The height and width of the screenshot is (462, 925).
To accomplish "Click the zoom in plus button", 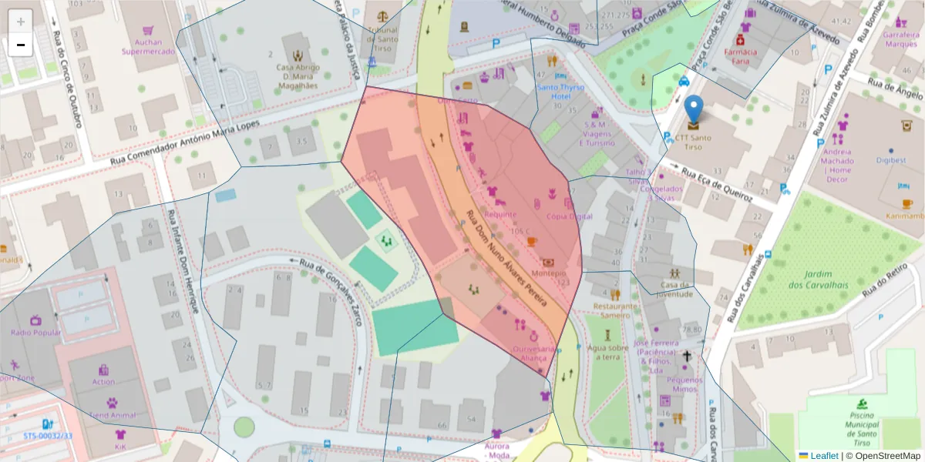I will [x=21, y=22].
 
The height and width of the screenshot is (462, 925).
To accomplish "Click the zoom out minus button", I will [x=21, y=45].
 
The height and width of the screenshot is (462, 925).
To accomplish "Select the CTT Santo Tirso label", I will [x=694, y=142].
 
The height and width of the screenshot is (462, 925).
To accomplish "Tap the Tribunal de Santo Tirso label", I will [x=382, y=34].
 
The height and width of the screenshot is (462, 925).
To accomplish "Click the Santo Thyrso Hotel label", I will [x=559, y=92].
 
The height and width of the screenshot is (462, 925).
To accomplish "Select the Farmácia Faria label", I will [x=740, y=56].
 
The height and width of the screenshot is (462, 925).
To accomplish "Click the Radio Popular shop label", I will [x=35, y=332].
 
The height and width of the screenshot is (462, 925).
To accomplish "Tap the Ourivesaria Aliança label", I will [x=533, y=353].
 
